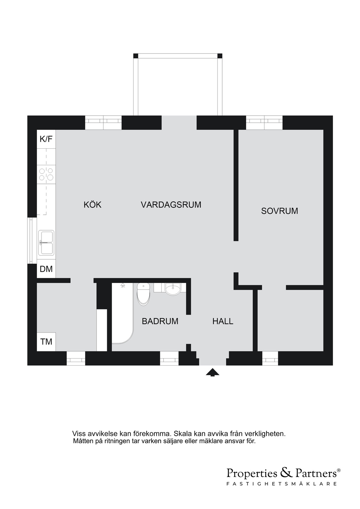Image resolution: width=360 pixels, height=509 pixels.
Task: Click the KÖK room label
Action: (92, 205)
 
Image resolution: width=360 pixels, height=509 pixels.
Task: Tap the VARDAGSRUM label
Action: (171, 205)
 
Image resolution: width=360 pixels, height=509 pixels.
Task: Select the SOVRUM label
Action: (279, 211)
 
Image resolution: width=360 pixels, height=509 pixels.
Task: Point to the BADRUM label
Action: (160, 321)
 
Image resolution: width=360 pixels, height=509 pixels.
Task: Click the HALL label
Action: (223, 321)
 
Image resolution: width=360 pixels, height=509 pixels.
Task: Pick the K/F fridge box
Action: (46, 139)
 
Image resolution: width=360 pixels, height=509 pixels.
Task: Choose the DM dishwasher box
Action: (46, 269)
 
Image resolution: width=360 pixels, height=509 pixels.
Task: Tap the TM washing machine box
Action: (46, 342)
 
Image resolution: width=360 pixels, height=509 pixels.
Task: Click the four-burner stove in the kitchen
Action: (46, 174)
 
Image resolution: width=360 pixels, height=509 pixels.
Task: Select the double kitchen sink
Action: (46, 243)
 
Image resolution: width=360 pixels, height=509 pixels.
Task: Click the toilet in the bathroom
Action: (143, 294)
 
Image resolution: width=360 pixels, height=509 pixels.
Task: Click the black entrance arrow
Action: (212, 372)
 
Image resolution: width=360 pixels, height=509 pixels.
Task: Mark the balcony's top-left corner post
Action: (136, 56)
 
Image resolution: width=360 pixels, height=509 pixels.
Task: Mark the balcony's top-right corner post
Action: (220, 56)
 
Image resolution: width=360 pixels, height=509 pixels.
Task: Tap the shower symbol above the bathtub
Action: (123, 285)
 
